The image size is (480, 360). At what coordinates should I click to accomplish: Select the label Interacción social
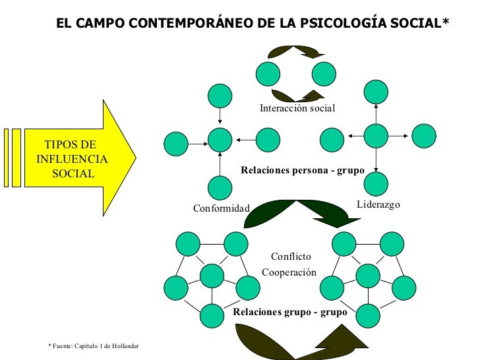point(297,108)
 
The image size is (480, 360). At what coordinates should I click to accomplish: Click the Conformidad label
point(222,209)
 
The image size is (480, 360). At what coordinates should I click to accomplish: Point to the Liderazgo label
point(378,205)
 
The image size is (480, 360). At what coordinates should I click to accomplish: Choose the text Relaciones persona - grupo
point(303,170)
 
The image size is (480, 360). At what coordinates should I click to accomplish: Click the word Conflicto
point(291,256)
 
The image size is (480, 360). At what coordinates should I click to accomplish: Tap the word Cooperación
point(289,272)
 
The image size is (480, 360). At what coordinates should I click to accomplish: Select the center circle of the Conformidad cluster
point(220,139)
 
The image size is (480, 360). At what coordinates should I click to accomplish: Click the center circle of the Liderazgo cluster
point(376,136)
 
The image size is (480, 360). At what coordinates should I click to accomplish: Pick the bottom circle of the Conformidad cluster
point(220,188)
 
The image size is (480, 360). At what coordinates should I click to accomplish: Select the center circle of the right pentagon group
point(367,276)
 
